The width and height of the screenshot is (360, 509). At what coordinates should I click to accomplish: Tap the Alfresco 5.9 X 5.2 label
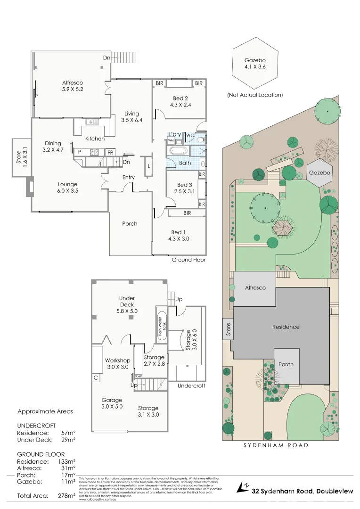click(73, 86)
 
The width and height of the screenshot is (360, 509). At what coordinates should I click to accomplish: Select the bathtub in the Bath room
click(177, 152)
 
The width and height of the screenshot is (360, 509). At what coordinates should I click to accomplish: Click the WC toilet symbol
click(200, 140)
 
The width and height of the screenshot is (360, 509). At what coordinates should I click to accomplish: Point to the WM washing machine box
click(171, 141)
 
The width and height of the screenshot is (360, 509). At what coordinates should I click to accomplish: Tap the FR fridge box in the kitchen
click(110, 152)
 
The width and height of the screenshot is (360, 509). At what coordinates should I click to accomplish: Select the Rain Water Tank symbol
click(162, 325)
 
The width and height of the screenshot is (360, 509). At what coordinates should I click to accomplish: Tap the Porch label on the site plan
click(286, 364)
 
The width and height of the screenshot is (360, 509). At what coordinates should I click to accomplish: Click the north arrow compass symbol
click(245, 486)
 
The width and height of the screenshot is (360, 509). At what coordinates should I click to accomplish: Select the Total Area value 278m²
click(66, 496)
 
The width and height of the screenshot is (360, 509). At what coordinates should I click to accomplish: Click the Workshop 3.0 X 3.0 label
click(117, 364)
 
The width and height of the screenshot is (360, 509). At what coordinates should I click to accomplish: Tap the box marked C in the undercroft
click(96, 378)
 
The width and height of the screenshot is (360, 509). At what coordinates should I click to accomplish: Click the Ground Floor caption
click(188, 260)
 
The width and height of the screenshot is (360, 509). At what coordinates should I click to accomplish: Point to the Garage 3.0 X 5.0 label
click(112, 403)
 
